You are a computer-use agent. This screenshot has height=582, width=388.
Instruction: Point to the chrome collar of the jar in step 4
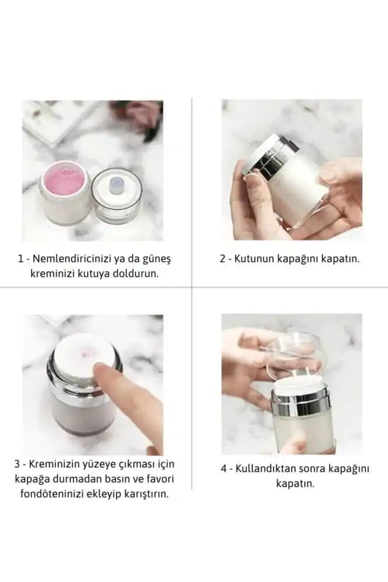[300, 401]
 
